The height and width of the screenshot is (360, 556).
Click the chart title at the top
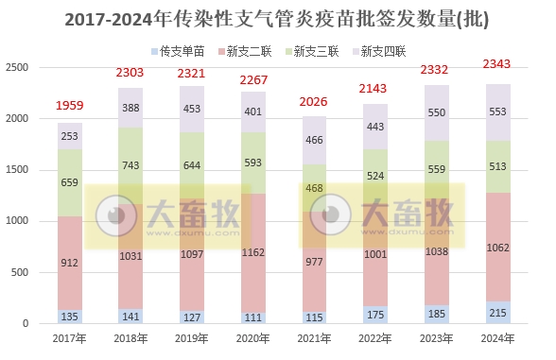pos(278,19)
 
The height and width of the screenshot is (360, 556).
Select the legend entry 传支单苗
pos(179,49)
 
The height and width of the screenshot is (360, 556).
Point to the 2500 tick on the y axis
pos(18,68)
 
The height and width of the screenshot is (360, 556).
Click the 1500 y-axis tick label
pos(18,170)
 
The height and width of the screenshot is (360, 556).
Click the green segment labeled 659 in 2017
pos(70,183)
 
